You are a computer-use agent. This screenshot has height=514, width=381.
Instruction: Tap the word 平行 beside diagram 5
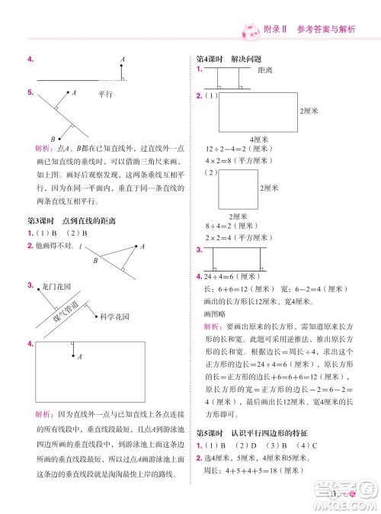point(105,95)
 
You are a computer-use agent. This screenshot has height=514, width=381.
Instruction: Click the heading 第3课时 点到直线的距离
point(71,221)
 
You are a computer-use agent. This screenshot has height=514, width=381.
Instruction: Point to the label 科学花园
point(112,314)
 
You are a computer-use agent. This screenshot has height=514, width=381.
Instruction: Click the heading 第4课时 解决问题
point(229,59)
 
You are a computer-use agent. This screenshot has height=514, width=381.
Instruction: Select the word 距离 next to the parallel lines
point(265,70)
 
